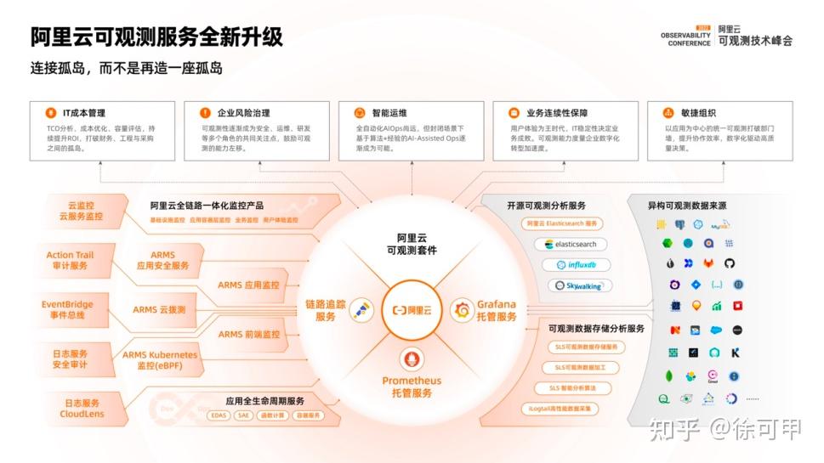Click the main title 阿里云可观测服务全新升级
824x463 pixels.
click(156, 37)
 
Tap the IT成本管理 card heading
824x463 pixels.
click(83, 112)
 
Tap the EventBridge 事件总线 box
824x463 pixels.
click(67, 309)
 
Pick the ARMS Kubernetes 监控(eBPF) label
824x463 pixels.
click(159, 359)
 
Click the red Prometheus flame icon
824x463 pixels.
click(412, 359)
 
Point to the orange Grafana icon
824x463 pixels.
click(463, 310)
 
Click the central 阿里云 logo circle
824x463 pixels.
click(412, 310)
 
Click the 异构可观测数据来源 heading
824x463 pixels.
click(687, 206)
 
